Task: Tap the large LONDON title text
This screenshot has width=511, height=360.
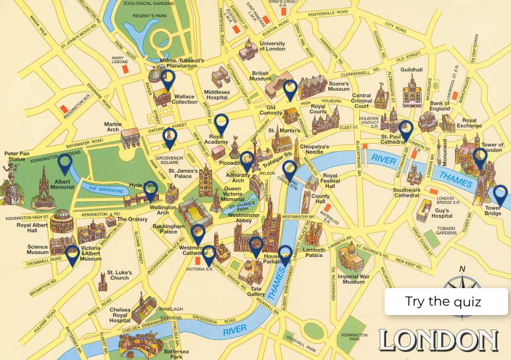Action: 438,340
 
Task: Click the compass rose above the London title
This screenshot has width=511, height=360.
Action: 462,279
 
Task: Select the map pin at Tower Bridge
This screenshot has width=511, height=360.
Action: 499,194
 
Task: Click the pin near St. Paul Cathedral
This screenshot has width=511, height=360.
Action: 405,129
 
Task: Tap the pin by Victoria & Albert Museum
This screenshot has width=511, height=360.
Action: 72,253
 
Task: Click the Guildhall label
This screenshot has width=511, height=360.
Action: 411,70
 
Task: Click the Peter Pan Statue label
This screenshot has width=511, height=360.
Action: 19,157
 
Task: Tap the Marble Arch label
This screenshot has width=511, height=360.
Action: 113,128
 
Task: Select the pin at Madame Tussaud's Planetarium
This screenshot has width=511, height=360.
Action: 168,78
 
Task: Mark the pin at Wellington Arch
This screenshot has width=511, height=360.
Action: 151,189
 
